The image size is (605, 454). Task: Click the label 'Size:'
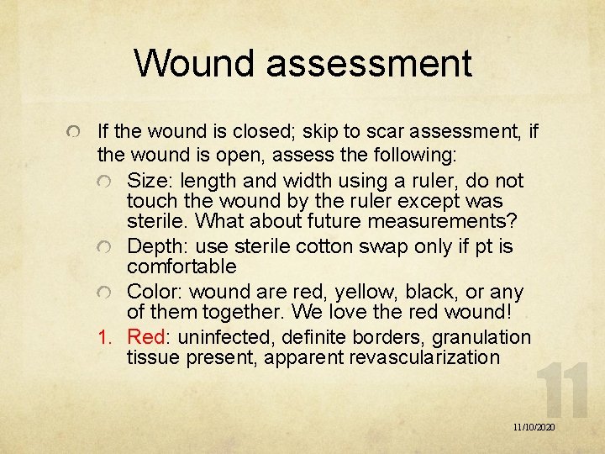point(149,182)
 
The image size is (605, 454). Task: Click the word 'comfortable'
point(181,267)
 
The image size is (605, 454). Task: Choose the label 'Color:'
point(155,293)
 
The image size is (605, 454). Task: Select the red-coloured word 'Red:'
point(148,338)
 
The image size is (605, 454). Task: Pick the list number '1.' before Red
point(105,338)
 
